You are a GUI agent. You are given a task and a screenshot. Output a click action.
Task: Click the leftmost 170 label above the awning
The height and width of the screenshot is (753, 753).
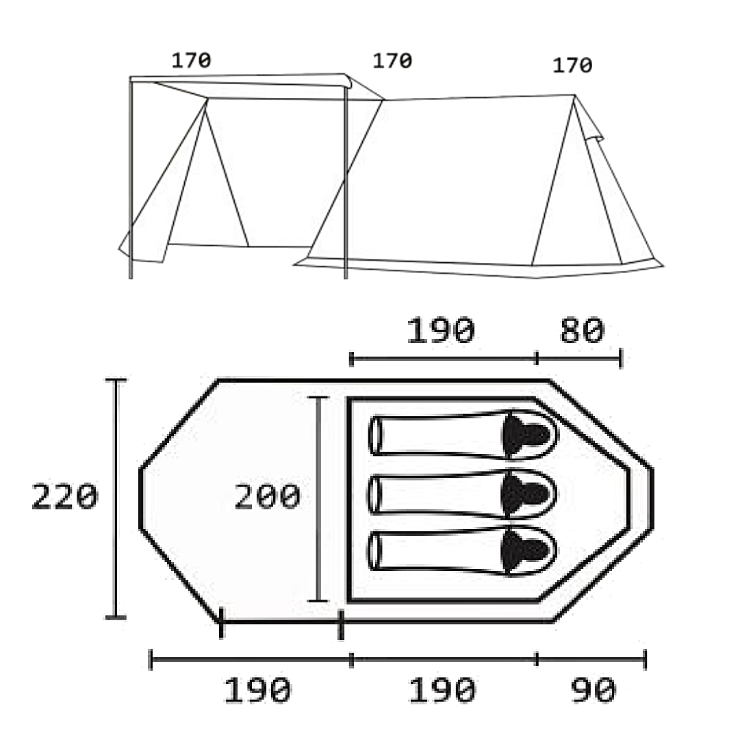coord(191,60)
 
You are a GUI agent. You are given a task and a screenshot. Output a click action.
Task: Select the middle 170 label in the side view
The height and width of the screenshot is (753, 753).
coord(392,61)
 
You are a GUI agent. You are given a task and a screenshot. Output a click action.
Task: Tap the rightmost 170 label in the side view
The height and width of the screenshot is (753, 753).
coord(572,65)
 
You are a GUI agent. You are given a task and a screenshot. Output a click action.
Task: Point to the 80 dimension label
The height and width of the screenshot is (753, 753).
coord(582,331)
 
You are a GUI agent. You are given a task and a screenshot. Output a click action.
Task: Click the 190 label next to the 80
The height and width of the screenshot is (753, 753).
coord(440,331)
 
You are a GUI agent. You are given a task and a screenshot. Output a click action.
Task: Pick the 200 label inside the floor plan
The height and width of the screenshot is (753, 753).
coord(267,496)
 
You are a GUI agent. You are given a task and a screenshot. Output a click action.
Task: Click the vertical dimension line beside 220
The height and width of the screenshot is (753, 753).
coord(116,498)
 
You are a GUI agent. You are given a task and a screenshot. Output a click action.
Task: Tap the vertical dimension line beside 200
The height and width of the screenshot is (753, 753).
coord(318,498)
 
